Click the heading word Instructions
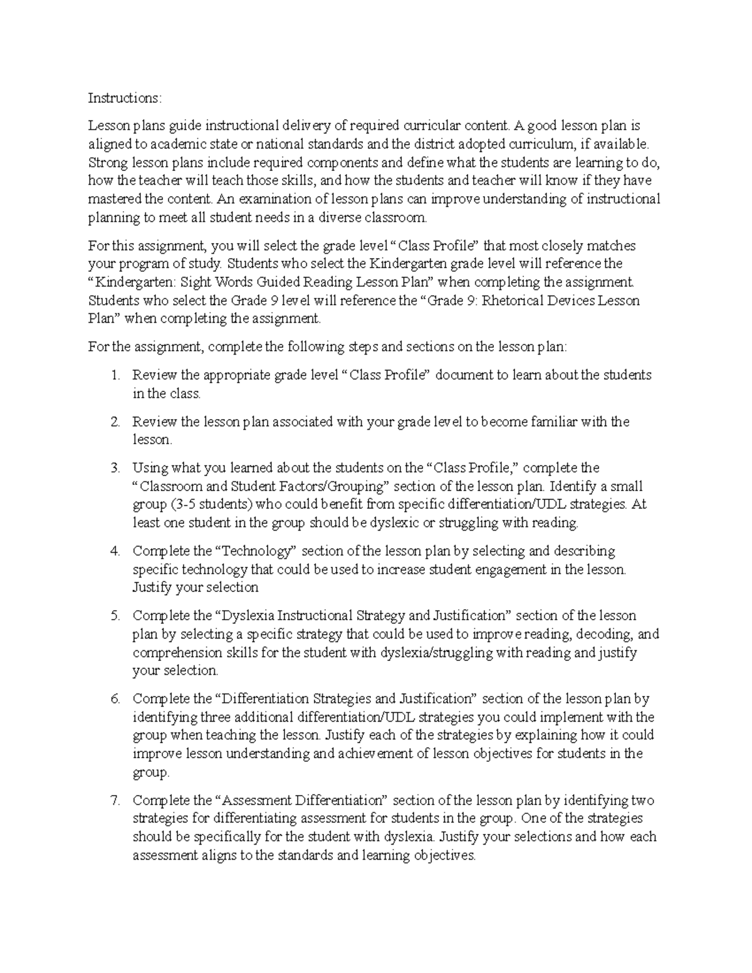point(123,98)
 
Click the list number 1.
point(115,375)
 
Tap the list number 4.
point(115,551)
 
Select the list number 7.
point(115,800)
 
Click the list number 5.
point(115,616)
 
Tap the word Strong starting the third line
point(108,163)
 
